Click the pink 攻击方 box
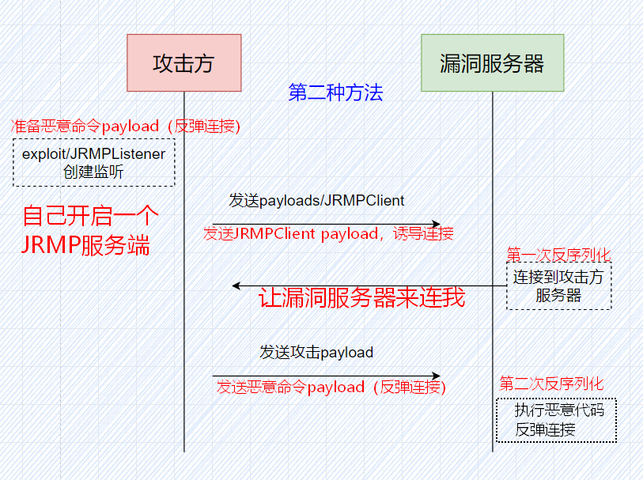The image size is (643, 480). click(x=184, y=62)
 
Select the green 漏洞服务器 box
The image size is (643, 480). click(x=493, y=62)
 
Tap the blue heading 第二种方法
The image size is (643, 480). click(x=335, y=93)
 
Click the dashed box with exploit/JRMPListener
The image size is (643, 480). click(x=94, y=162)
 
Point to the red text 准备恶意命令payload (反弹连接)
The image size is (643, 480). click(x=126, y=127)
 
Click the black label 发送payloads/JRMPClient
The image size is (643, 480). click(x=316, y=200)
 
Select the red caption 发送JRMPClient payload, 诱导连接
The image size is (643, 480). click(x=328, y=233)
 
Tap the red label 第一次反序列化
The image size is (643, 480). click(x=558, y=255)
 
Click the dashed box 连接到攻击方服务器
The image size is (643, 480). click(x=559, y=285)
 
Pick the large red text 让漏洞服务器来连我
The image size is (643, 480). click(x=361, y=297)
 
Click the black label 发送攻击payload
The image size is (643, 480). click(x=316, y=353)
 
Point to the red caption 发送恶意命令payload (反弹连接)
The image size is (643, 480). click(x=331, y=387)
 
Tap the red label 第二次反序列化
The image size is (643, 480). click(x=551, y=384)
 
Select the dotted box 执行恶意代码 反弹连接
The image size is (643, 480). click(x=557, y=420)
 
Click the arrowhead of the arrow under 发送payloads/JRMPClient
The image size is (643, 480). click(x=437, y=225)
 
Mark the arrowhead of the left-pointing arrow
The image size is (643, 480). click(x=236, y=285)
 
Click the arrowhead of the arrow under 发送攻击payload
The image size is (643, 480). click(x=437, y=376)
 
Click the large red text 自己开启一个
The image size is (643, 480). click(x=90, y=216)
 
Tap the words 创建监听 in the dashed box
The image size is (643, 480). click(x=93, y=172)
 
